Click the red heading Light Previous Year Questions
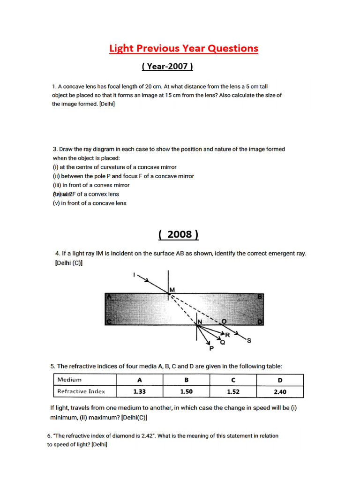coord(183,48)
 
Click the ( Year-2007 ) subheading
coord(167,67)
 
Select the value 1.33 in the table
coord(139,391)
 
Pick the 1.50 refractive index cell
coord(186,391)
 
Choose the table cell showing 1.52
coord(233,391)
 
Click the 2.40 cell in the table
coord(281,391)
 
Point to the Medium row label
coord(69,380)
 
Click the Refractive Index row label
coord(81,391)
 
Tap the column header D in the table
coord(281,380)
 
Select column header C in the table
coord(233,380)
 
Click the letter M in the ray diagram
coord(172,290)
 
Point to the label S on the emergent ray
coord(249,341)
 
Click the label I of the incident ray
coord(135,276)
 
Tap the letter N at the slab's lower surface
coord(199,322)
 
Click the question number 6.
coord(49,436)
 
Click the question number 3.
coord(54,149)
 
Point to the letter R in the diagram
coord(227,335)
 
